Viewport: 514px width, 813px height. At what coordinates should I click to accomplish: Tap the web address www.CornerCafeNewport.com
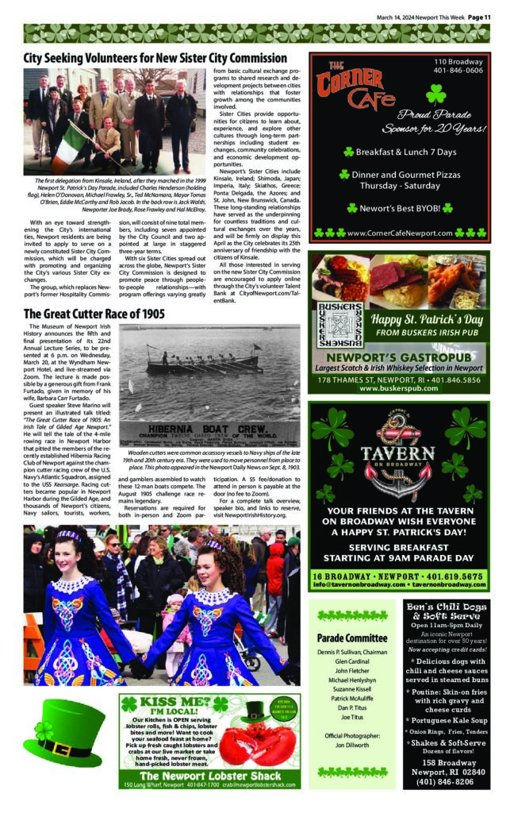click(x=399, y=233)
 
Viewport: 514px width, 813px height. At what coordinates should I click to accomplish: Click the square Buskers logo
click(x=339, y=325)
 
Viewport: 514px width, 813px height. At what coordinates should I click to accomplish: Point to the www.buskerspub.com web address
click(x=399, y=389)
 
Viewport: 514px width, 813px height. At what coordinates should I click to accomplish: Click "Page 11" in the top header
click(x=479, y=16)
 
